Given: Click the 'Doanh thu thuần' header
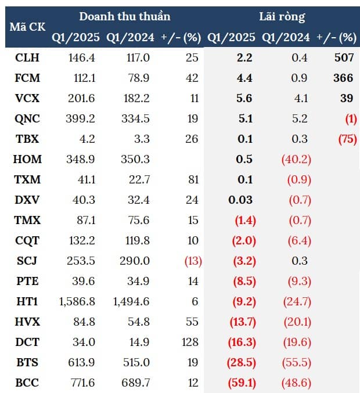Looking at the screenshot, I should [124, 16].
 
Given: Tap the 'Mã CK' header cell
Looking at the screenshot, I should [25, 27].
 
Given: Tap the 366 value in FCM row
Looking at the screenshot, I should [343, 78].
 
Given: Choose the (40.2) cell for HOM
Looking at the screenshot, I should [295, 159].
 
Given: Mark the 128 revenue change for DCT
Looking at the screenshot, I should [188, 342].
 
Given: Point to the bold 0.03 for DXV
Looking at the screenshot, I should [241, 200].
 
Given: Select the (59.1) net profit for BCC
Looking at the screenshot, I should [241, 383].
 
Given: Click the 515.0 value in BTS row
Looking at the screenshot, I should [137, 362].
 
